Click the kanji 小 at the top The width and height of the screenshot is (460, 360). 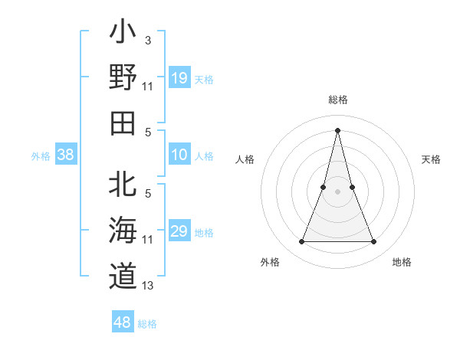coord(123,34)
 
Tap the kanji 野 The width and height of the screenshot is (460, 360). coord(123,79)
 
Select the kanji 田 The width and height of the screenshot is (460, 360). coord(123,123)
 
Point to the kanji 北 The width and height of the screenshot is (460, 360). coord(123,186)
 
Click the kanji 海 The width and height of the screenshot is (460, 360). coord(123,231)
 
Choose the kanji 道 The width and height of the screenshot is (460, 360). coord(123,275)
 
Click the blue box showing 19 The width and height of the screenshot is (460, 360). coord(179,78)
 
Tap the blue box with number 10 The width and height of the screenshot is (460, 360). coord(179,155)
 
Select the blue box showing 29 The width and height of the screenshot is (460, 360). coord(179,231)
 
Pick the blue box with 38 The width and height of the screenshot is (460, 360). coord(65,155)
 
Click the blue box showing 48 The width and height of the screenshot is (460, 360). coord(123,322)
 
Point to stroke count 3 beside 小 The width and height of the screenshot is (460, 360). coord(147,39)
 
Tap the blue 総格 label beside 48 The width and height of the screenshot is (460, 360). coord(147,324)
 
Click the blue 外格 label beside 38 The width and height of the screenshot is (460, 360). coord(41,156)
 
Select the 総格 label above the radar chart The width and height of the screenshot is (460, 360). coord(337,100)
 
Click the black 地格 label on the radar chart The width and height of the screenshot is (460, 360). coord(402,263)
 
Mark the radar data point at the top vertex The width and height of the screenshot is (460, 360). coord(337,129)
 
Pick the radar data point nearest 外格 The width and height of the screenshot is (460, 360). coord(301,242)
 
